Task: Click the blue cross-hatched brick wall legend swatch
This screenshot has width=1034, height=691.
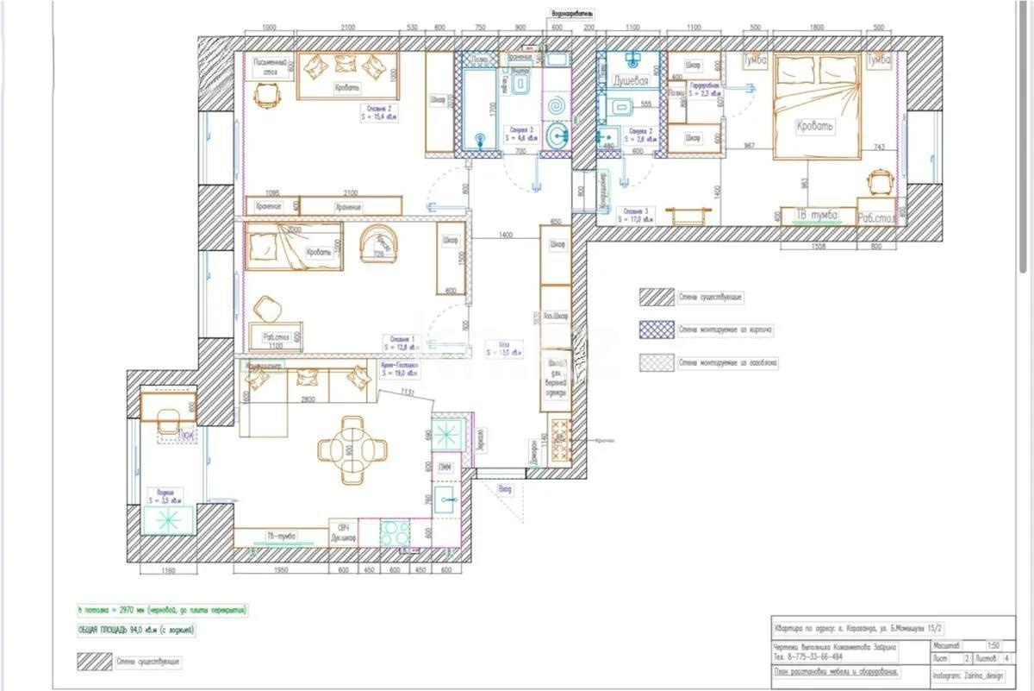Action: click(655, 329)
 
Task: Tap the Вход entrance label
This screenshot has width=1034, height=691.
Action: click(505, 489)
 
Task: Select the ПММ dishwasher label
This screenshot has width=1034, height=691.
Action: click(446, 467)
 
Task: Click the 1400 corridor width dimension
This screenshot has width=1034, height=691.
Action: click(504, 235)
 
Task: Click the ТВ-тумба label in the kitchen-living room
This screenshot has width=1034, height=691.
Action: click(281, 536)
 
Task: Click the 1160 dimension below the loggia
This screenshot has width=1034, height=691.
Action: click(167, 570)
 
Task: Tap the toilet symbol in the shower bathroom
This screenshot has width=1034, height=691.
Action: click(618, 107)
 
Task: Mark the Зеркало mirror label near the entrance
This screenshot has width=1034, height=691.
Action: click(480, 441)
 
